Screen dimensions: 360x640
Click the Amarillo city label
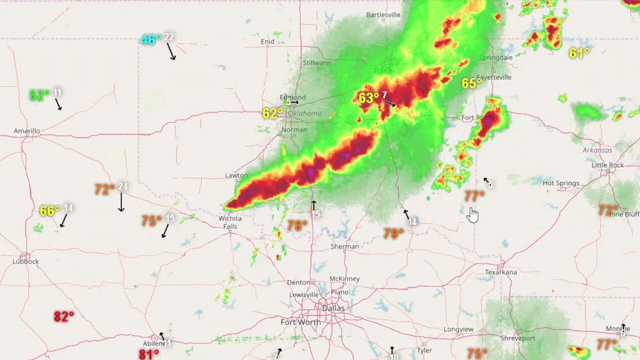(x=26, y=131)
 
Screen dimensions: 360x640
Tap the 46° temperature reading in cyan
(x=150, y=40)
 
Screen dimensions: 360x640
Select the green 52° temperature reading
(x=39, y=95)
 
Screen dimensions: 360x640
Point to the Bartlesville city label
(x=383, y=15)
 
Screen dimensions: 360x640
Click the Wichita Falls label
(x=230, y=222)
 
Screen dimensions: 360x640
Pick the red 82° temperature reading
(x=64, y=316)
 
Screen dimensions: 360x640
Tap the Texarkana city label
(x=500, y=272)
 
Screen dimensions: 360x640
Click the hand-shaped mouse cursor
(x=472, y=214)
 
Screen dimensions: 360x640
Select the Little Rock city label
(x=607, y=165)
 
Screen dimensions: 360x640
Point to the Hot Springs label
(x=561, y=183)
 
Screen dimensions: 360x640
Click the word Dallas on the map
(x=333, y=308)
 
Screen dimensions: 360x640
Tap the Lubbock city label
(x=25, y=261)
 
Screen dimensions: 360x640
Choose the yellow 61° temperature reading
(x=579, y=53)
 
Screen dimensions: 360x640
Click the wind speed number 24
(x=122, y=187)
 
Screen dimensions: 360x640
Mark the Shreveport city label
(x=518, y=338)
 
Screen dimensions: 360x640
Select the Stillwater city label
(x=317, y=63)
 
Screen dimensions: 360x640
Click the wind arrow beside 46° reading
(x=171, y=51)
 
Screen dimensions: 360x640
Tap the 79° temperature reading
(x=393, y=233)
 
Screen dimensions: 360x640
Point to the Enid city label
(x=267, y=41)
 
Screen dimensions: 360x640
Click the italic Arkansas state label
(x=597, y=150)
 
